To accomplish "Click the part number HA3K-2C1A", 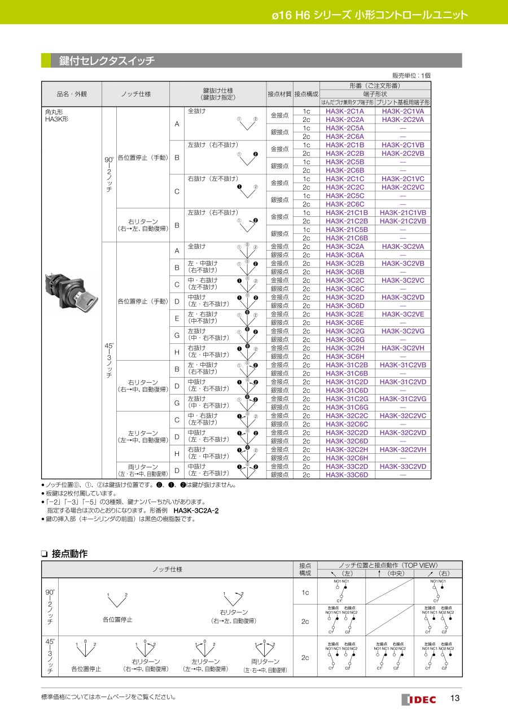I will click(345, 111).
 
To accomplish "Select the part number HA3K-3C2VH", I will click(403, 348).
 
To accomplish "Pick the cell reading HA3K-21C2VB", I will click(403, 221).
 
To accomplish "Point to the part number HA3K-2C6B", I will click(345, 170).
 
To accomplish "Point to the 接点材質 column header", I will click(279, 94).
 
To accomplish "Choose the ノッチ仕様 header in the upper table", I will click(135, 94).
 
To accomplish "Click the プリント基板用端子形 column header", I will click(403, 103).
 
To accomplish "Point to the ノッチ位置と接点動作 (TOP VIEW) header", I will click(389, 565).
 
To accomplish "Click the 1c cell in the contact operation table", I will click(305, 592).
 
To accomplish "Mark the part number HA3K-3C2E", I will click(345, 314).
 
